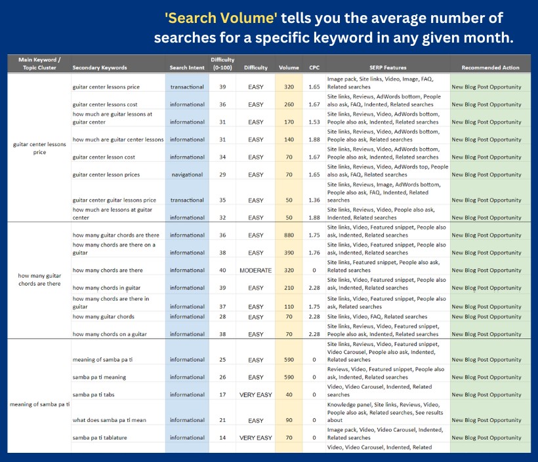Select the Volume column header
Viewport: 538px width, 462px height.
coord(288,67)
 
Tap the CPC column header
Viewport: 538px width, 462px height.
coord(314,67)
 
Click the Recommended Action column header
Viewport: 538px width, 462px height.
coord(489,67)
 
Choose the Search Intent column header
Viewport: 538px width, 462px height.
coord(187,67)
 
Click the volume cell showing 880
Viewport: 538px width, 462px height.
coord(289,235)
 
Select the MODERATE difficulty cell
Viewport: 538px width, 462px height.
coord(255,270)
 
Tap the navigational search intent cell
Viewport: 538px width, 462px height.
coord(187,174)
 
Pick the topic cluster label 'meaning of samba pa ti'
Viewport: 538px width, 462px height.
coord(39,404)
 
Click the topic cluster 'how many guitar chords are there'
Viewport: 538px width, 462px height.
coord(39,280)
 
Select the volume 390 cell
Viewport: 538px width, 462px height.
coord(289,253)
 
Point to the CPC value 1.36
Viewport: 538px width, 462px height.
coord(314,200)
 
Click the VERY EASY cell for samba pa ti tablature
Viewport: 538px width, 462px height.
coord(255,438)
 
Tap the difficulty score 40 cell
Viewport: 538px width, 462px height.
coord(222,270)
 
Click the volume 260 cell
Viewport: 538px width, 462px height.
coord(289,104)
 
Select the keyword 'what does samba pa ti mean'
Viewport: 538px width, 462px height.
coord(110,420)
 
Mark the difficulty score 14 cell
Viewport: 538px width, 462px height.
coord(222,438)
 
